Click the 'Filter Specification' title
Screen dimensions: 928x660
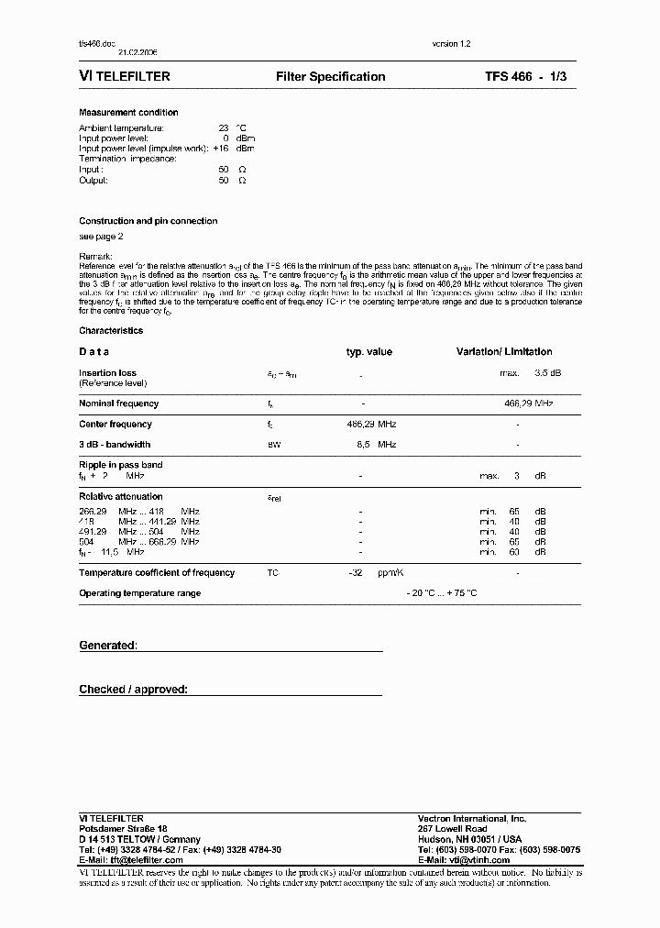(x=330, y=77)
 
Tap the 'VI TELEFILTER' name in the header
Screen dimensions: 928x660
(x=125, y=77)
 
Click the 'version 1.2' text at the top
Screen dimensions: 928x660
(x=451, y=44)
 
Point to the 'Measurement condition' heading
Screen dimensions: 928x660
(x=128, y=113)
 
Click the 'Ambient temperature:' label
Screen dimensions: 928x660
(x=121, y=127)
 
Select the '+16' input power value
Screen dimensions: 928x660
(x=220, y=149)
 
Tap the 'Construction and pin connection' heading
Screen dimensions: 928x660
(x=148, y=221)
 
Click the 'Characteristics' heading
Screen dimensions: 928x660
(x=111, y=331)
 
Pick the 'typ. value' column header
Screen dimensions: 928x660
(x=368, y=352)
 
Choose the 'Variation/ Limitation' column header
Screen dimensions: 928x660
(x=504, y=352)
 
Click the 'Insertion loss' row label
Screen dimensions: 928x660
(x=108, y=373)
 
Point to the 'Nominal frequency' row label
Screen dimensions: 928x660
(x=118, y=403)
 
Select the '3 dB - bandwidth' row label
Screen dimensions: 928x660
(x=115, y=445)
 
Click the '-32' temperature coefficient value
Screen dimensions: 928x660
(x=357, y=573)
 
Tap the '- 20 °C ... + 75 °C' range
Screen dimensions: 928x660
(x=442, y=593)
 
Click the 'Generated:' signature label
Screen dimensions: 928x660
(x=108, y=646)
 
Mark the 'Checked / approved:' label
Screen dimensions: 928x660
(x=133, y=690)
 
